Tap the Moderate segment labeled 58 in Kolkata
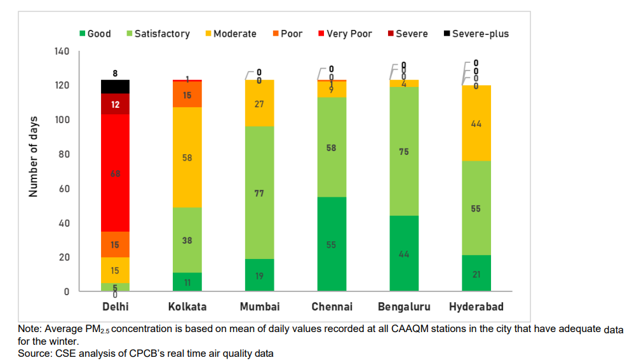coord(187,157)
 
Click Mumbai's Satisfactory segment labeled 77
coord(259,192)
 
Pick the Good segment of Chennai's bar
coord(332,244)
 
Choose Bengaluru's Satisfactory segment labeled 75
coord(404,152)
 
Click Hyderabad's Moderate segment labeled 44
coord(476,123)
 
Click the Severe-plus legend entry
coord(476,34)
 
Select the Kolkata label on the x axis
coord(187,307)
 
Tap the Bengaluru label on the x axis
coord(404,307)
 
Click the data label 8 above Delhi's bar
coord(115,74)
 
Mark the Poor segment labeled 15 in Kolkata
coord(187,95)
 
